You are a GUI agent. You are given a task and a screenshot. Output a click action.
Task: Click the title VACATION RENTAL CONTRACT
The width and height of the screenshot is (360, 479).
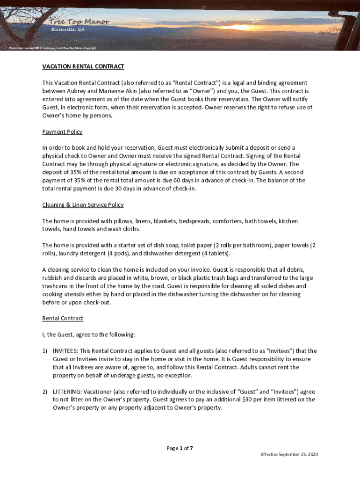(x=83, y=66)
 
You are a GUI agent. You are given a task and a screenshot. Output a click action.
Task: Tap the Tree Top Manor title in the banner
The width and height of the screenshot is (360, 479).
(x=80, y=22)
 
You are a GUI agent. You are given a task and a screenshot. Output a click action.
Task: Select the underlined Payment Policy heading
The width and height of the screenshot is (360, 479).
(x=62, y=132)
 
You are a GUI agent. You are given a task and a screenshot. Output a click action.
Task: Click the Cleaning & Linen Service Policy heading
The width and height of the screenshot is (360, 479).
(x=83, y=205)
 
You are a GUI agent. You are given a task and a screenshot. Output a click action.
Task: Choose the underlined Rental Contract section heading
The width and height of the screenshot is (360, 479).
(x=63, y=318)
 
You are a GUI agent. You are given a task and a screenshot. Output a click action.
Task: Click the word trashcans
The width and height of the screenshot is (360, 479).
(x=57, y=286)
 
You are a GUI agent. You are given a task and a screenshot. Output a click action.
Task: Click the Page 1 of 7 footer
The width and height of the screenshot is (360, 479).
(x=180, y=448)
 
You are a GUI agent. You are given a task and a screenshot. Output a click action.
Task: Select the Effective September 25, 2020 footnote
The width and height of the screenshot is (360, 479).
(x=289, y=455)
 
